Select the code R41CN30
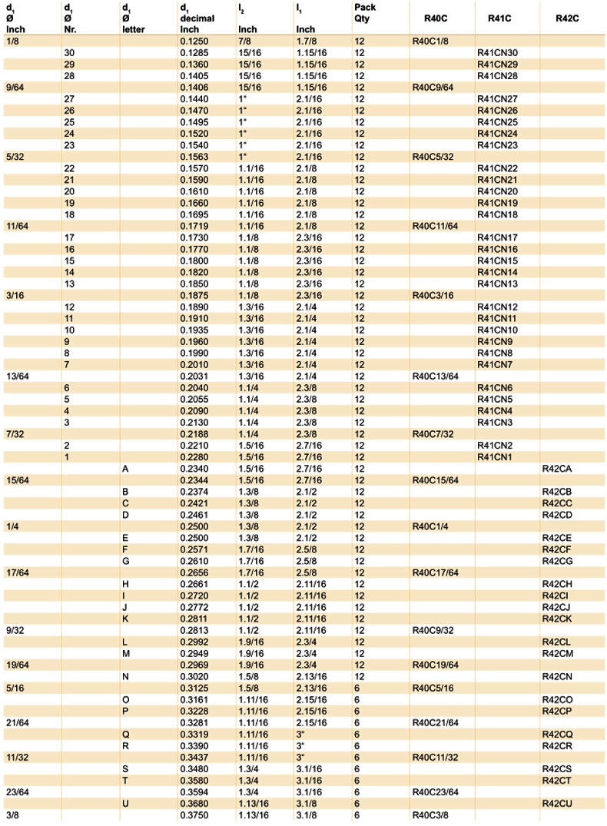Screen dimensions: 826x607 click(x=497, y=51)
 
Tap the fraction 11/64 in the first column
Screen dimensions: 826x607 click(x=16, y=226)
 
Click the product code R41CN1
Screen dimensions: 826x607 click(x=494, y=456)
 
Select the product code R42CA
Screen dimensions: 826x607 click(x=557, y=468)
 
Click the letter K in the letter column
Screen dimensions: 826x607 click(x=125, y=619)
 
